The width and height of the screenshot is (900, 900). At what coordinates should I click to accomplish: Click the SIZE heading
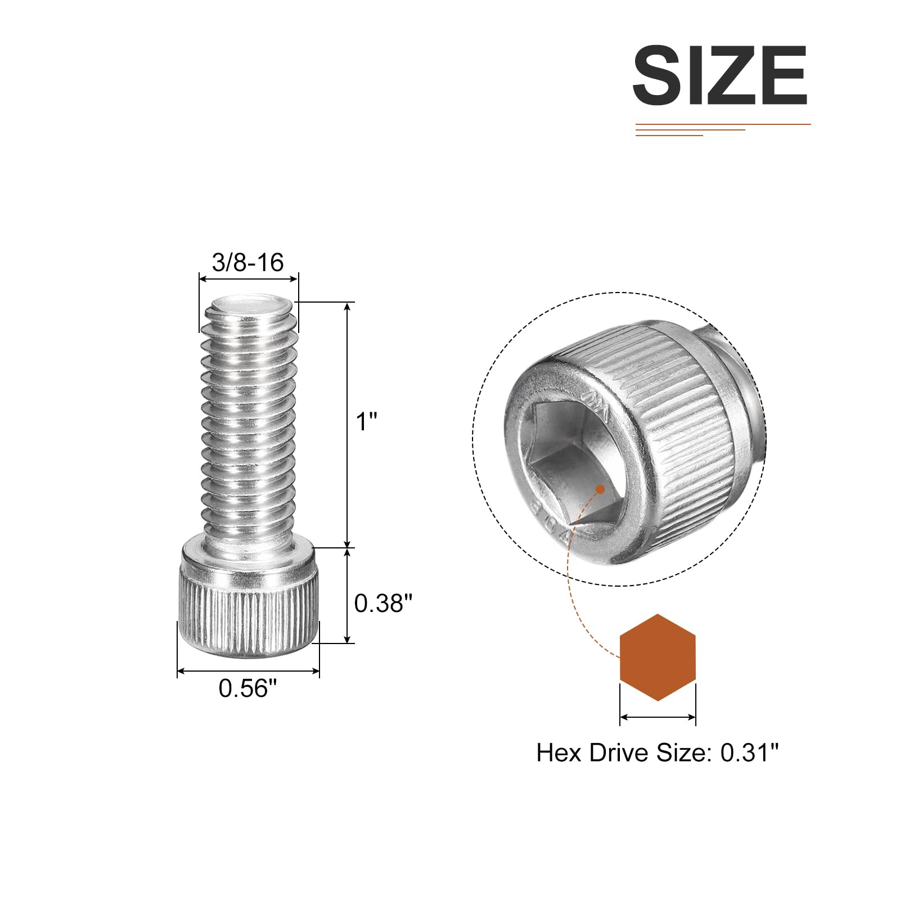720,75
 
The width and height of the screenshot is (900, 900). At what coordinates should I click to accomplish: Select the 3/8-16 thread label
247,262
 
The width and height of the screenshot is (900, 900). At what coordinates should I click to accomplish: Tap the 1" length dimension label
366,421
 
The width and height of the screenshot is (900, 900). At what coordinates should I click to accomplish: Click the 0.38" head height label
383,603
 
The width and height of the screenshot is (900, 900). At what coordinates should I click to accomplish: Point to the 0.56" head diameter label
248,688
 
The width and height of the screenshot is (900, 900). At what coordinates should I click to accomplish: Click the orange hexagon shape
658,658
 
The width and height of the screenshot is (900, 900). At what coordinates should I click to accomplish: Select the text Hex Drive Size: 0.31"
658,753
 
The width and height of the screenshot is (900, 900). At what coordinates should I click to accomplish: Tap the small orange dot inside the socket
600,489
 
